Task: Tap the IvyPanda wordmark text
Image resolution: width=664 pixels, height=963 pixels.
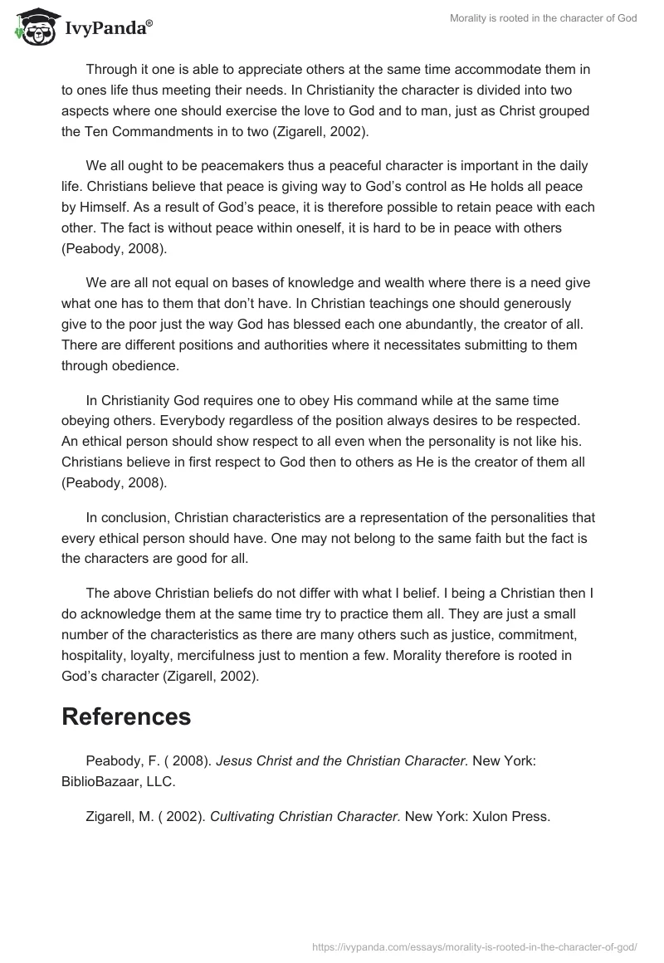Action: coord(105,29)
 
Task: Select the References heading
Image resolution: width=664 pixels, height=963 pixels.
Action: coord(126,716)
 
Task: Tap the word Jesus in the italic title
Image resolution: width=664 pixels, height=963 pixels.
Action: coord(235,762)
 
